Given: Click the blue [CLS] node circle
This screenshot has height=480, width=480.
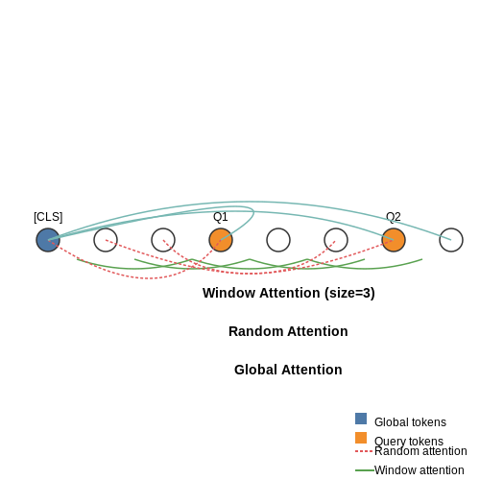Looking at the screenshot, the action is tap(48, 240).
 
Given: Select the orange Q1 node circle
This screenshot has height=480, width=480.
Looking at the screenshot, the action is tap(221, 240).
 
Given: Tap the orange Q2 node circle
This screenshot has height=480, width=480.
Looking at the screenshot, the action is tap(394, 240).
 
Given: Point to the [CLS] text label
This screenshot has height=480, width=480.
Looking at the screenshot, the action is tap(48, 217).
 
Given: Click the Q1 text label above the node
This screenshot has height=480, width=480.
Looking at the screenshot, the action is tap(221, 217).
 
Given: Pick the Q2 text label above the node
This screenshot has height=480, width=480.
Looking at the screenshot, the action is tap(394, 217).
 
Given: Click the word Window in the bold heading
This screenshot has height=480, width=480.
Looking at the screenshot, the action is tap(228, 293).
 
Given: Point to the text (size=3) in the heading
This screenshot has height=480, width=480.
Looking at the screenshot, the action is tap(349, 294).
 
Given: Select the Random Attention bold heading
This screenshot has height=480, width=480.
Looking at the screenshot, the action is tap(288, 331).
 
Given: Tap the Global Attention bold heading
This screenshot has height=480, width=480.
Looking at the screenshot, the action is tap(288, 370).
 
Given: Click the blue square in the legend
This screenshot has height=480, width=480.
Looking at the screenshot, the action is tap(361, 419).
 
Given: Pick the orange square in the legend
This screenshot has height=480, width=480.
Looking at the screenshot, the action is tap(361, 438).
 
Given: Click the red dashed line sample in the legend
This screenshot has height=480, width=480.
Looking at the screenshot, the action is tap(364, 451).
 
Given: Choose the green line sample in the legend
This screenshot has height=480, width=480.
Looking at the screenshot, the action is tap(365, 470).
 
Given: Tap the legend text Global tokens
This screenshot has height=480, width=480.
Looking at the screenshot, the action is tap(410, 422).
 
